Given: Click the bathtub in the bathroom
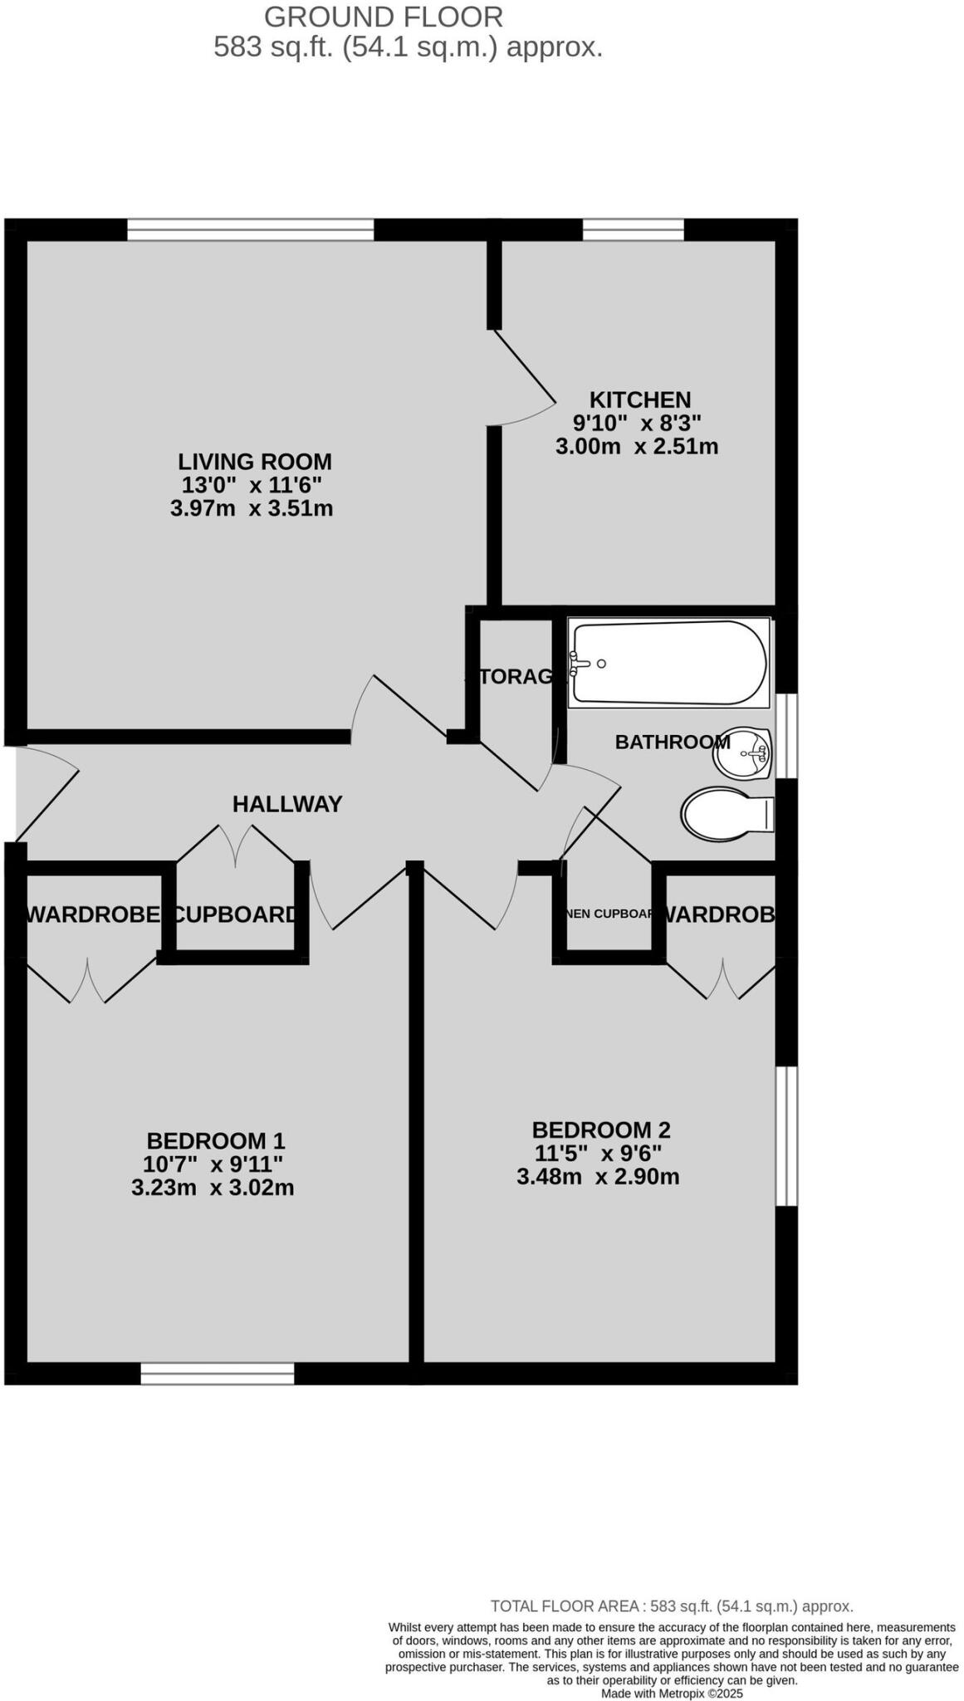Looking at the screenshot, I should pos(668,663).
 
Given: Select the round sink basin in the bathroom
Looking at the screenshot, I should pos(743,753).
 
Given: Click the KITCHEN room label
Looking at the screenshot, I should pos(639,400).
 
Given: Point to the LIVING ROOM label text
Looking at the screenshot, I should pos(254,462).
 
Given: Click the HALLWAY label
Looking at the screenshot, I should pos(287,804).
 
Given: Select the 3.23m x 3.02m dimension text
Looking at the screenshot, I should pos(213,1188).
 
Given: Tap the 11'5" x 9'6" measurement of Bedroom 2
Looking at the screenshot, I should pos(598,1153).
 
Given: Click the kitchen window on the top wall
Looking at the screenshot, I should pos(633,229).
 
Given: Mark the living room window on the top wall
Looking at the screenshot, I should pos(250,229).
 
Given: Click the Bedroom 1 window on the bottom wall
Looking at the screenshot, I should pos(218,1374).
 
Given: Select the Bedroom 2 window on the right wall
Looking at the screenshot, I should pos(785,1135).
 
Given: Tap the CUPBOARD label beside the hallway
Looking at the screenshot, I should pos(235,914).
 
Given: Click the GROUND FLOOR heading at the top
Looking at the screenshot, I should pos(383,17).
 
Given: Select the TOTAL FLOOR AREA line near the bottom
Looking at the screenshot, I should pos(671,1606).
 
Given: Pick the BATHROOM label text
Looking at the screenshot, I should pos(672,742).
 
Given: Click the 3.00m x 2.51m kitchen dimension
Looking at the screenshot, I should pos(636,447).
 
